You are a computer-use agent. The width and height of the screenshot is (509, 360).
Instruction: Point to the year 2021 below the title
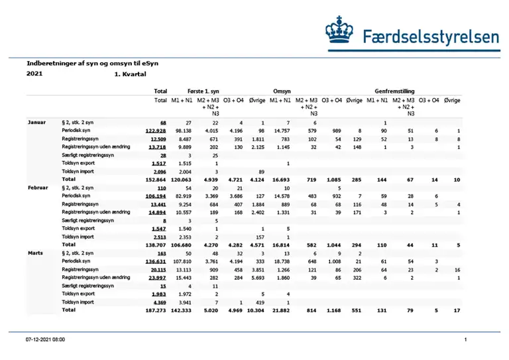35,74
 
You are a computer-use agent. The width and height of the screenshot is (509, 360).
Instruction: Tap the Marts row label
36,253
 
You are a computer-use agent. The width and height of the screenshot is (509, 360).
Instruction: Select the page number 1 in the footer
466,339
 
